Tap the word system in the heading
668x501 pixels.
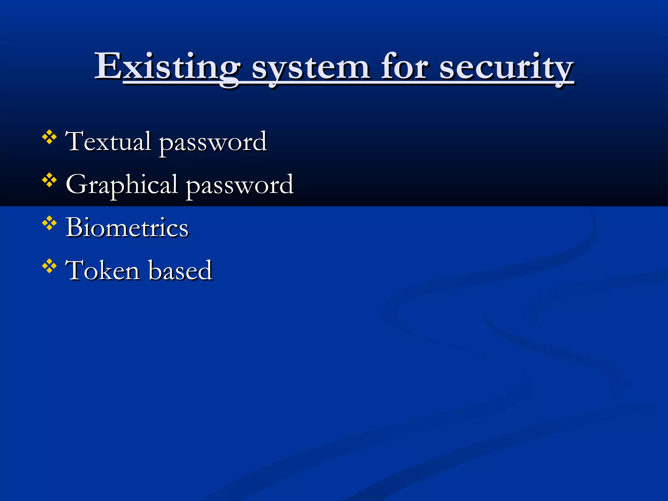[311, 68]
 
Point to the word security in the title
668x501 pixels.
[506, 68]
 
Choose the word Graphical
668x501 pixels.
[121, 185]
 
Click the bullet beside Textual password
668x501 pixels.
[49, 137]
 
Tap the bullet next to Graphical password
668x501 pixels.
[49, 180]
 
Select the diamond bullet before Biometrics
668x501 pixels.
[49, 223]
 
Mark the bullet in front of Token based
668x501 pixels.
[49, 266]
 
